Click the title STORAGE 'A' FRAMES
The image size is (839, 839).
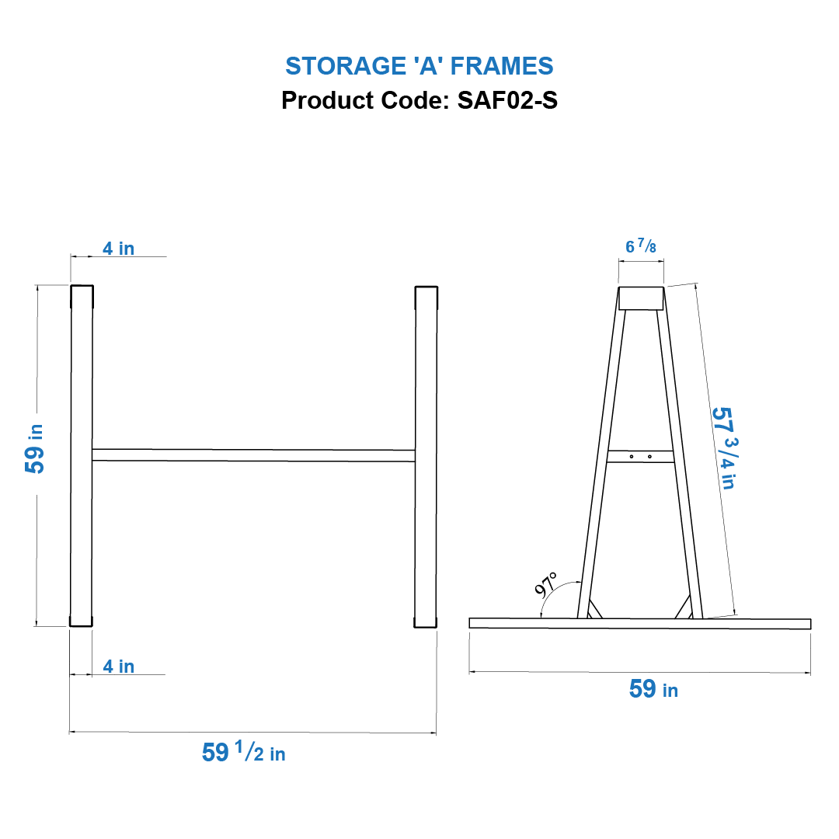point(419,66)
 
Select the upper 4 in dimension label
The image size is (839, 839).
point(118,249)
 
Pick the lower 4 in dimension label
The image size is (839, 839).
point(118,667)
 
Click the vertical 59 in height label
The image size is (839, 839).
point(36,451)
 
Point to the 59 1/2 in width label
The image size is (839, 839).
point(243,752)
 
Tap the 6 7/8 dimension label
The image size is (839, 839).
point(641,247)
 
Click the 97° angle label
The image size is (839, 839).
point(546,584)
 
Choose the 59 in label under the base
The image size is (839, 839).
point(653,689)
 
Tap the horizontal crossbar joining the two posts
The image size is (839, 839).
point(253,455)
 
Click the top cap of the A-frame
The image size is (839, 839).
point(641,299)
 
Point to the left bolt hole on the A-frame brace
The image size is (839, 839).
point(632,457)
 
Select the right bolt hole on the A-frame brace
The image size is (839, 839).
point(649,457)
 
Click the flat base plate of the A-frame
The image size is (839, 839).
point(640,624)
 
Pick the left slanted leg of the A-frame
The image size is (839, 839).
point(602,466)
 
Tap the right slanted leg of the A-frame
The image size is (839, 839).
point(680,466)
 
